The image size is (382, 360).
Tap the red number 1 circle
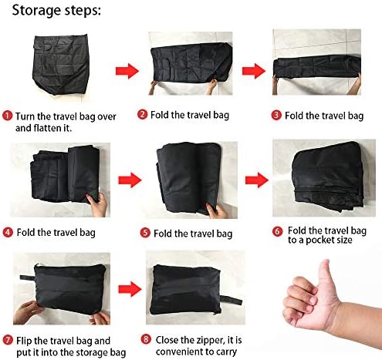coord(7,116)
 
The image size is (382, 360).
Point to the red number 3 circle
coord(276,116)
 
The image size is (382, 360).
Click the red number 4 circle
coord(7,230)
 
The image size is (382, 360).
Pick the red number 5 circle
coord(144,233)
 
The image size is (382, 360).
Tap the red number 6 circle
coord(277,230)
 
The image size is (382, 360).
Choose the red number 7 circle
coord(7,339)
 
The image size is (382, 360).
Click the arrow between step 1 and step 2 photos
coord(127,71)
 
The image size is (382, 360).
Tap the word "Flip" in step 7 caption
coord(22,339)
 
